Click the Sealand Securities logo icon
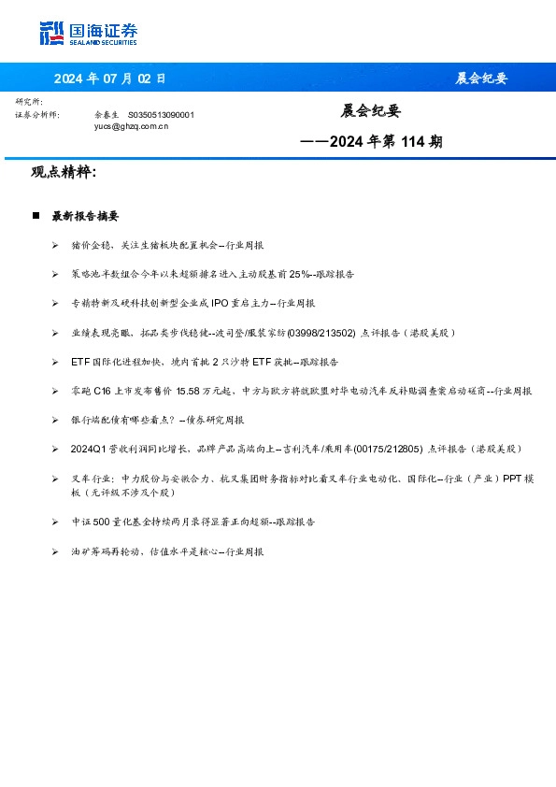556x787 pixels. click(51, 34)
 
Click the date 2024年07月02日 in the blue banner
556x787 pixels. click(109, 79)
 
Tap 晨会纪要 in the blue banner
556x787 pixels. click(481, 79)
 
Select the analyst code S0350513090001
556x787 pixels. click(161, 114)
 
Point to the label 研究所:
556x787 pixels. click(29, 101)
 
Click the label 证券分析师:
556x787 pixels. click(37, 114)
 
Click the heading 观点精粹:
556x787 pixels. click(64, 173)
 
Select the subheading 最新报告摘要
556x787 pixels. click(85, 216)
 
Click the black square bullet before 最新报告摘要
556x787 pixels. click(36, 216)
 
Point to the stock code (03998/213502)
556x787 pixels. click(321, 333)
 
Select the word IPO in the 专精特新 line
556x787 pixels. click(221, 304)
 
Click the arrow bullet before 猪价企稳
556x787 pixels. click(55, 245)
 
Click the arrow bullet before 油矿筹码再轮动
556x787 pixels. click(55, 552)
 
